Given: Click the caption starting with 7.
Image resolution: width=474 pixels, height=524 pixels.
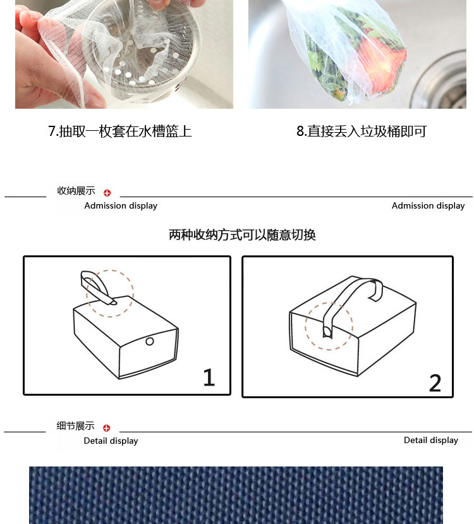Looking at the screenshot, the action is pos(120,131).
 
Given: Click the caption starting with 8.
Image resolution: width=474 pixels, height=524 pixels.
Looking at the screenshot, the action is pos(362,131).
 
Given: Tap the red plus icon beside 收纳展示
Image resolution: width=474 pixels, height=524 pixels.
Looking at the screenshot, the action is pos(107,193).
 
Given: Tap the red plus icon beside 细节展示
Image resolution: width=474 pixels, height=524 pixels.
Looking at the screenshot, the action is pos(107,428).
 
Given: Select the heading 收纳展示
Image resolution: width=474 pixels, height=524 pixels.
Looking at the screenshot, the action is pos(76,191).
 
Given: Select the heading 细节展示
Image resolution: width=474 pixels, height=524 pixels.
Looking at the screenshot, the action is pos(75,426).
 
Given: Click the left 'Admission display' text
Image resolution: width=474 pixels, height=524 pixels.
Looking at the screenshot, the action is pos(121,205).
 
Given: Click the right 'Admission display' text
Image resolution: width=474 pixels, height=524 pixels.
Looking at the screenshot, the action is pos(428,205).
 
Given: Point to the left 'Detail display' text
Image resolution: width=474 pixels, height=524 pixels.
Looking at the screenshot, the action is pos(111,441).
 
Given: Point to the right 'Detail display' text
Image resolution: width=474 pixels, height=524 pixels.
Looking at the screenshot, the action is pos(431,440).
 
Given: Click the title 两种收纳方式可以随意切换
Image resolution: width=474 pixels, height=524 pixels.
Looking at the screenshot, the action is pos(242,235).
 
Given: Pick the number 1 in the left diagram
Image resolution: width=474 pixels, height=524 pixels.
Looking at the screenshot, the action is pos(209,377).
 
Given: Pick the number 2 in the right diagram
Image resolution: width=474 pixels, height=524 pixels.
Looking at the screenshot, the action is pos(435,383).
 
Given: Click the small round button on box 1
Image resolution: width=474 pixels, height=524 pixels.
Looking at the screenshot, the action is pos(150,341).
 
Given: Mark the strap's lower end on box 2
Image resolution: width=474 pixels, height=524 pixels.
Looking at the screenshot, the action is pos(327,332).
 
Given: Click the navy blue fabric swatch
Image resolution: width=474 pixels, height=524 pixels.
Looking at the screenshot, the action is pos(236,496).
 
